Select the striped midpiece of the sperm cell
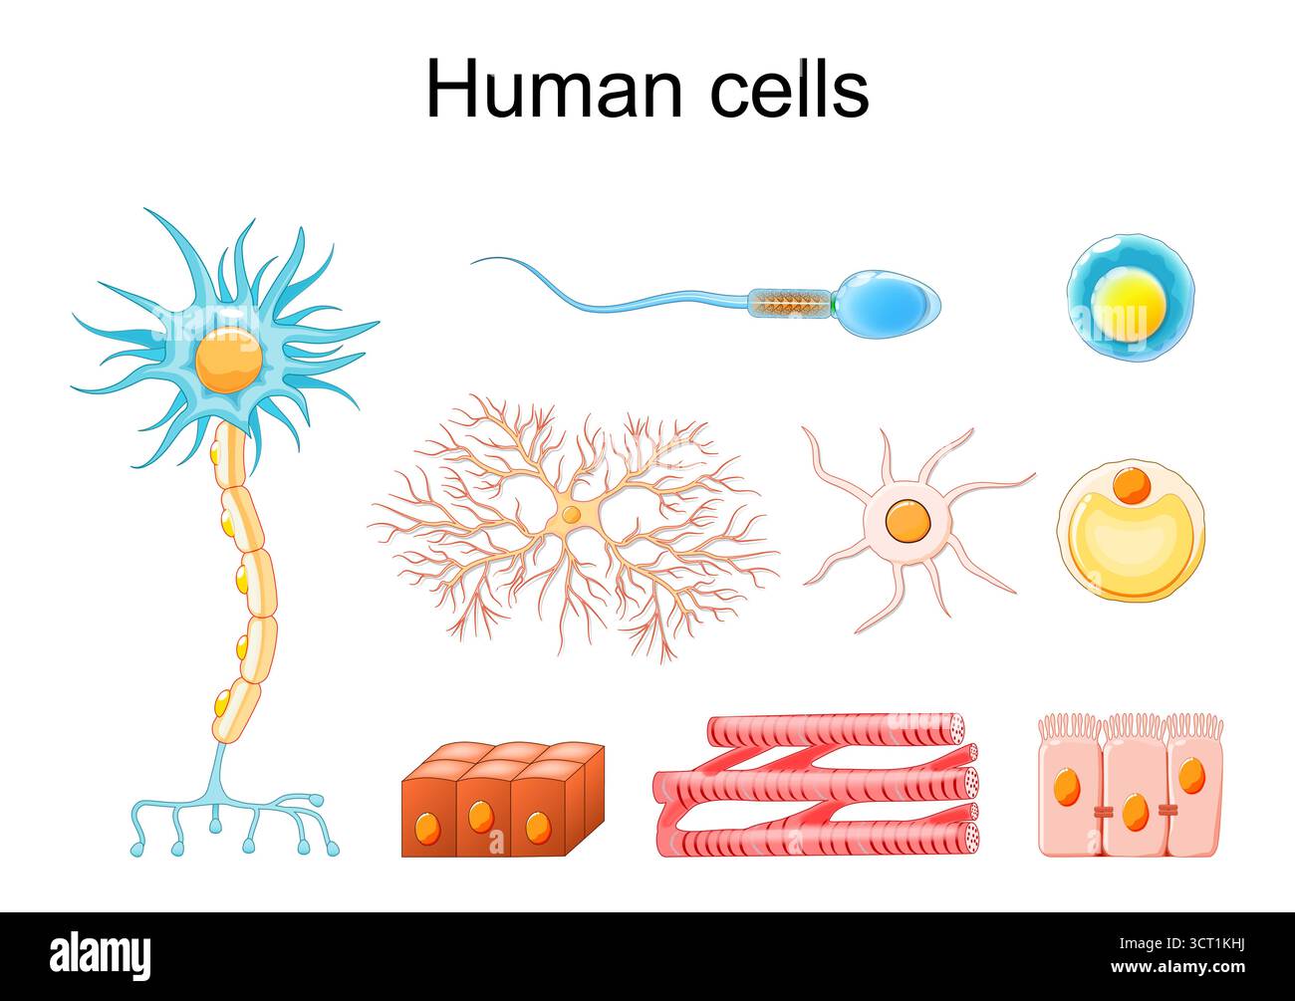pos(789,302)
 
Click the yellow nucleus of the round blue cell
pos(1128,303)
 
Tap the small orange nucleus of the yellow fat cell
pos(1131,485)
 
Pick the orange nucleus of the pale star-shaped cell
pos(908,521)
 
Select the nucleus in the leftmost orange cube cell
pos(427,826)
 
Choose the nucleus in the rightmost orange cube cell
pos(538,826)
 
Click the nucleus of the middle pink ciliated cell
pos(1134,812)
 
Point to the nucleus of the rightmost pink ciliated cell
pos(1190,775)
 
